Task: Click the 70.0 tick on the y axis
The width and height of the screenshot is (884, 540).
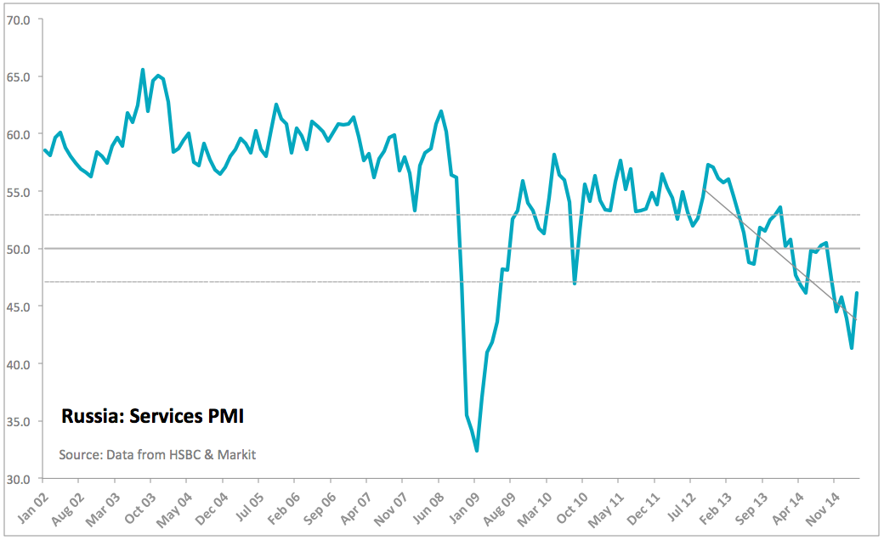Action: (19, 19)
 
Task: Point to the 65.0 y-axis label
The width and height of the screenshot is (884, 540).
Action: (19, 76)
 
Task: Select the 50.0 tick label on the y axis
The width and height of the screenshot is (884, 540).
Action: (19, 249)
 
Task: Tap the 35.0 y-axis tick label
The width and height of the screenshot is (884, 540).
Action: (19, 421)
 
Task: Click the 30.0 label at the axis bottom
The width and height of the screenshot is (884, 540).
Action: (19, 479)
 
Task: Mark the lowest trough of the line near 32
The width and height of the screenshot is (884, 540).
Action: (477, 451)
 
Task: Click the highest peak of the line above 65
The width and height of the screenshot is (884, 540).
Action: (143, 70)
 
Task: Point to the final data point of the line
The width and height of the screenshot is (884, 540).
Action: (857, 293)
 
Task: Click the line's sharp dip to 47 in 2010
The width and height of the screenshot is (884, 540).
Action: (575, 283)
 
